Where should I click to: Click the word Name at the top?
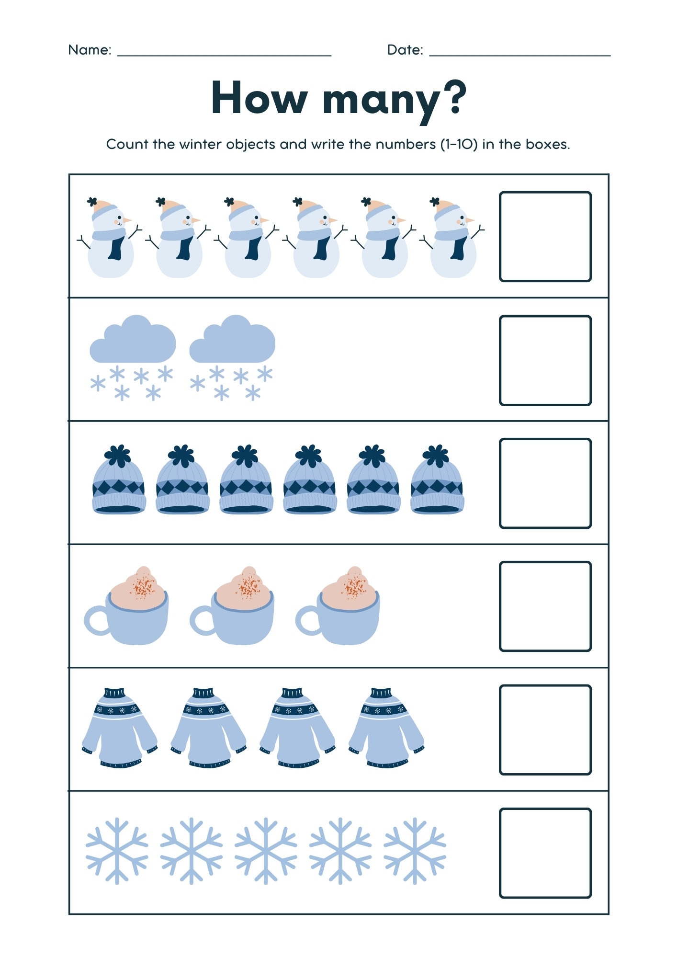pos(89,50)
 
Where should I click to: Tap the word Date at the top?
pos(404,50)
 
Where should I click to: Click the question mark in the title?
pos(451,98)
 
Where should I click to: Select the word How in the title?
pos(259,98)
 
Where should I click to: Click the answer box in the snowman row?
pos(545,237)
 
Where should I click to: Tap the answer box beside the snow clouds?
pos(545,360)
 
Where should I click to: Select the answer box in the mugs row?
pos(545,606)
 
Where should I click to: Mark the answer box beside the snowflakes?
pos(545,853)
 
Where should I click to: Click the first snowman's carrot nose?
pos(127,220)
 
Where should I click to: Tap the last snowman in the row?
pos(453,239)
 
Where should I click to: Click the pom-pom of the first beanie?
pos(118,456)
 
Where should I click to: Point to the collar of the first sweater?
pos(114,693)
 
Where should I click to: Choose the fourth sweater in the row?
pos(386,728)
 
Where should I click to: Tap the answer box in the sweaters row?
pos(545,730)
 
